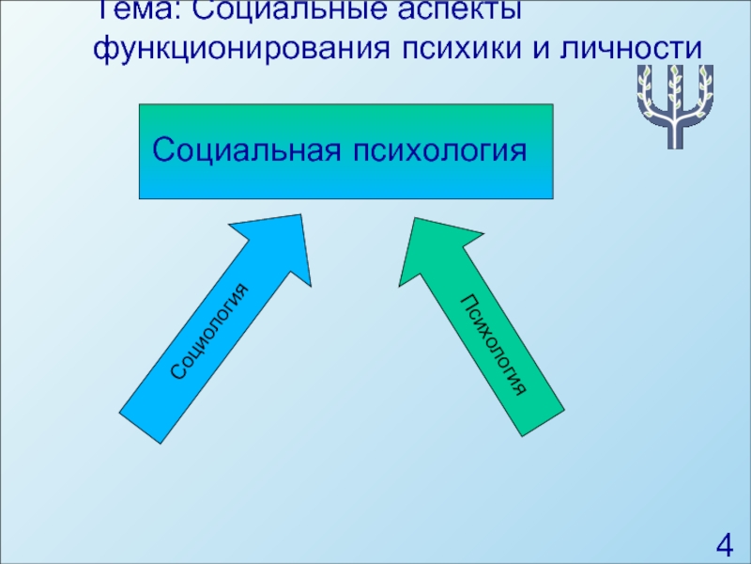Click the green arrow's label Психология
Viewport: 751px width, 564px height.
point(493,343)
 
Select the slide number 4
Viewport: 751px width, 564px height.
point(723,544)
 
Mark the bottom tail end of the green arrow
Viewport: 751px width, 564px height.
point(543,421)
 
